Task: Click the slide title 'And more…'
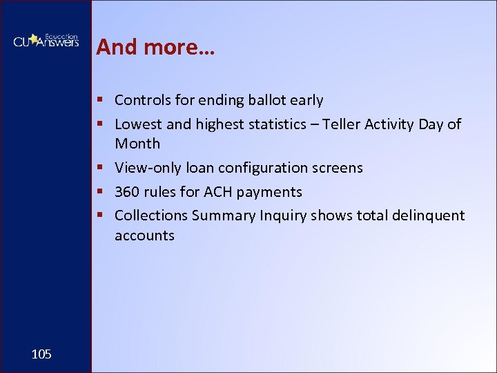click(x=155, y=47)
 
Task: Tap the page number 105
click(x=41, y=354)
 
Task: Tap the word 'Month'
click(x=137, y=144)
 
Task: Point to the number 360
click(x=127, y=191)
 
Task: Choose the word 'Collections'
click(x=151, y=216)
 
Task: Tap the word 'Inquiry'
click(x=283, y=216)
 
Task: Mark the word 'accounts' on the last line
click(x=144, y=236)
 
